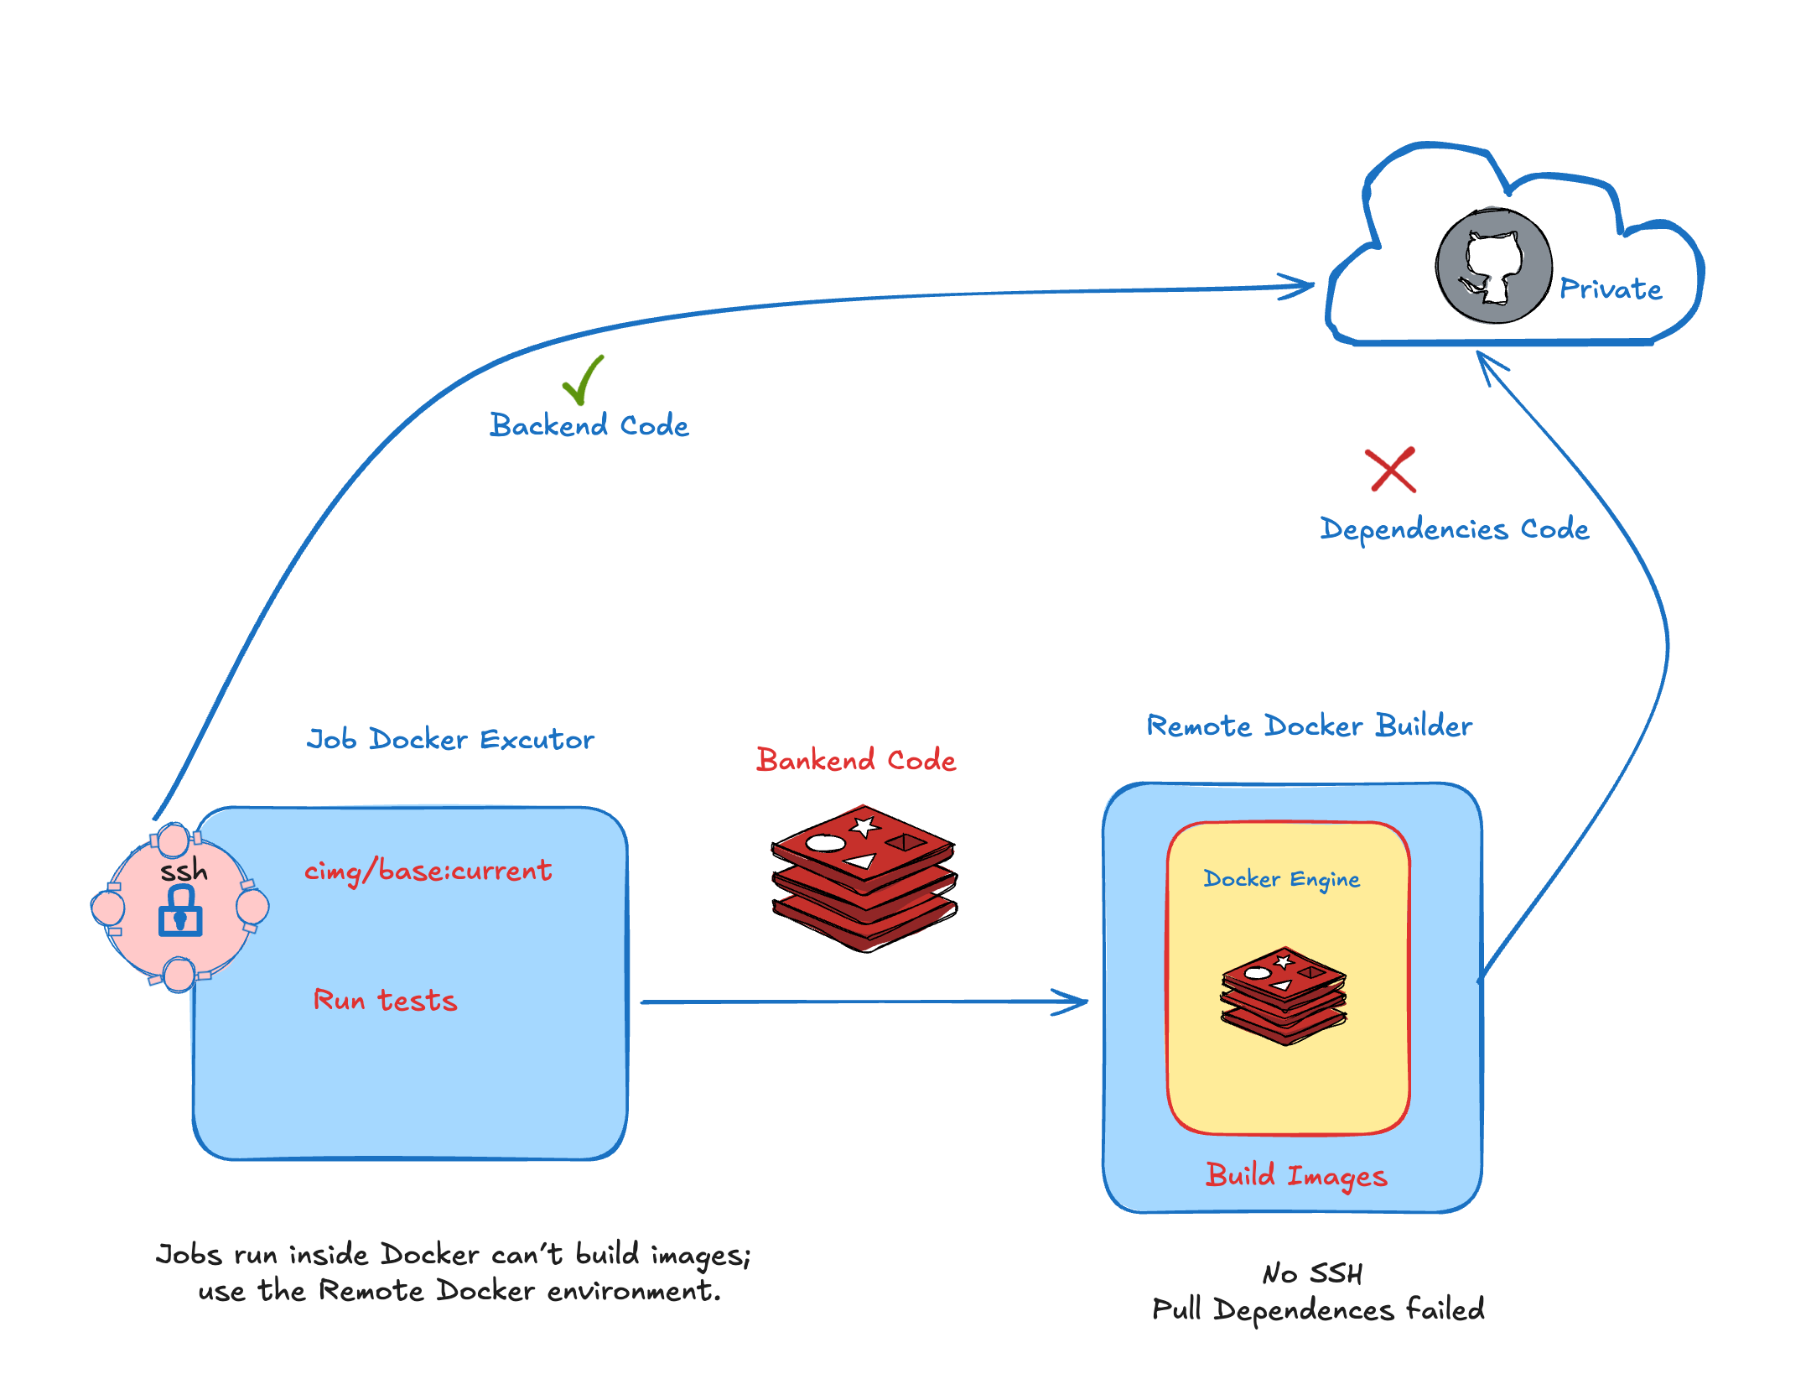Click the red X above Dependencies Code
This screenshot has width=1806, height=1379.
click(x=1390, y=470)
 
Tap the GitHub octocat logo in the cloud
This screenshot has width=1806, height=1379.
click(x=1493, y=267)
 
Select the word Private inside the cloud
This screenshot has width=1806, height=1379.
click(x=1610, y=289)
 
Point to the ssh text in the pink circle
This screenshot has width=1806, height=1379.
click(x=184, y=871)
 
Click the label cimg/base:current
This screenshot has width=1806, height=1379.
click(x=428, y=871)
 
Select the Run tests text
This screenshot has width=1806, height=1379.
click(x=385, y=1000)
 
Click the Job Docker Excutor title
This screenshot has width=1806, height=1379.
click(x=450, y=740)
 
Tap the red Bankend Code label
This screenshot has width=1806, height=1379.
click(x=855, y=760)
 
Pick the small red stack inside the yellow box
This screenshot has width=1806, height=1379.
click(x=1284, y=997)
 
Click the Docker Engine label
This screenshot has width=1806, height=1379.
click(x=1281, y=879)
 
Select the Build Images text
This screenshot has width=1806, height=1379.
click(x=1296, y=1176)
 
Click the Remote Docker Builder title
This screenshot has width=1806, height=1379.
click(x=1309, y=726)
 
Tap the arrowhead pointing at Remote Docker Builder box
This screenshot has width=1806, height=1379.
click(x=1073, y=1002)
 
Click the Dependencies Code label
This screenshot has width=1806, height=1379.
click(x=1455, y=529)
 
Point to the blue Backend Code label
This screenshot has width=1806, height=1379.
click(x=589, y=425)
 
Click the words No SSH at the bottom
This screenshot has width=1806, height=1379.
click(x=1312, y=1273)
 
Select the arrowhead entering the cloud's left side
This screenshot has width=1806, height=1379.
click(x=1300, y=286)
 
